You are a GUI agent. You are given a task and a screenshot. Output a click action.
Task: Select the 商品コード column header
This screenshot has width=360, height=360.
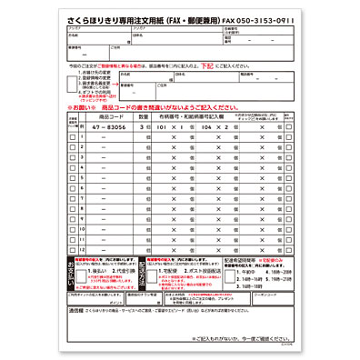[112, 116]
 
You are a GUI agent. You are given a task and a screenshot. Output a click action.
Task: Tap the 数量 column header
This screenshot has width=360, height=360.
[143, 116]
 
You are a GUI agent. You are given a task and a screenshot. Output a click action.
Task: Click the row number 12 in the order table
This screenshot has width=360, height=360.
[84, 249]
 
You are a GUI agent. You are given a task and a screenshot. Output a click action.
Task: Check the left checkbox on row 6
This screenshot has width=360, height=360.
[73, 189]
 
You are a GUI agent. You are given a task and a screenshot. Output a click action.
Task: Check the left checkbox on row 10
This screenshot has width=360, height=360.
[73, 229]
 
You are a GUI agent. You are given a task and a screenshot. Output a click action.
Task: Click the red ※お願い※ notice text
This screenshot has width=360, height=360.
[84, 106]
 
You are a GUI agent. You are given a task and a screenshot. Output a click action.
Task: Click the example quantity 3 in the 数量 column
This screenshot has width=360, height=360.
[143, 129]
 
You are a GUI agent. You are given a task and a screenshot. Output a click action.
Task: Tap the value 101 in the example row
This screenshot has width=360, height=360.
[162, 129]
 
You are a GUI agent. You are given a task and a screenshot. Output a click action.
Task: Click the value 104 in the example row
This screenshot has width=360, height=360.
[208, 129]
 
